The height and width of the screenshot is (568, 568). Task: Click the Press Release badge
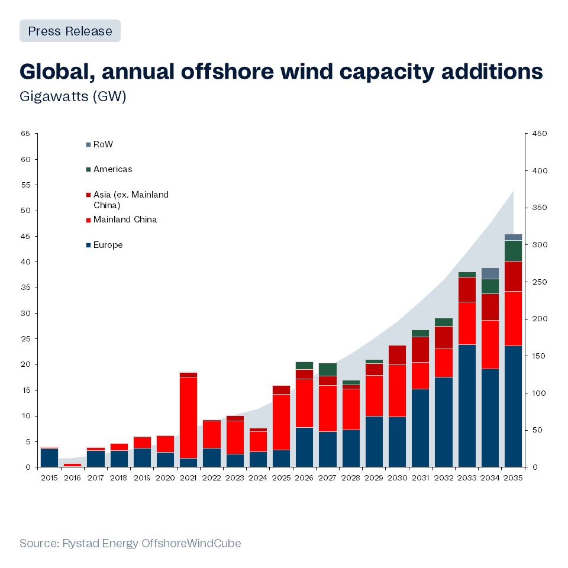click(x=70, y=31)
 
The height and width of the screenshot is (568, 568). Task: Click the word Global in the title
click(x=56, y=72)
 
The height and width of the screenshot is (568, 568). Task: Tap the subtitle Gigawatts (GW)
click(x=73, y=96)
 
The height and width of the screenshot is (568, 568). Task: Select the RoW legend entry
click(x=102, y=144)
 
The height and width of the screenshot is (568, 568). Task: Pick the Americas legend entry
click(x=112, y=169)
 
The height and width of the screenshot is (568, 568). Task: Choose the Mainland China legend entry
click(x=125, y=220)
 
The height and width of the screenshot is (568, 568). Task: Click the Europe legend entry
click(x=108, y=245)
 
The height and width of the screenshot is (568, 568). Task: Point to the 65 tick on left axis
click(x=25, y=134)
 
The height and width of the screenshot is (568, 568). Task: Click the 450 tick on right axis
click(x=539, y=134)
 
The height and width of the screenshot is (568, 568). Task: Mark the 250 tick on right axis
click(x=539, y=282)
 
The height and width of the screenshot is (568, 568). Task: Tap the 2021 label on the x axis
click(x=188, y=477)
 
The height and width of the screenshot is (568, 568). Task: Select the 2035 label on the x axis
click(x=513, y=477)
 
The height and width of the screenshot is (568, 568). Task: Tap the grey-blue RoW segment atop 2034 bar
click(x=489, y=273)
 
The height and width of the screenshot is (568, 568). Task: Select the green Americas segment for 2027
click(x=327, y=369)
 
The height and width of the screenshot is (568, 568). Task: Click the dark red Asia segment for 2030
click(x=397, y=355)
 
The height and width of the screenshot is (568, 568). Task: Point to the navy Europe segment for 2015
click(x=49, y=458)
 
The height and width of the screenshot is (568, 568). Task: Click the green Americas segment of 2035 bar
click(x=513, y=250)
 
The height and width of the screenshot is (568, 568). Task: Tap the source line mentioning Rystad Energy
click(x=130, y=543)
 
